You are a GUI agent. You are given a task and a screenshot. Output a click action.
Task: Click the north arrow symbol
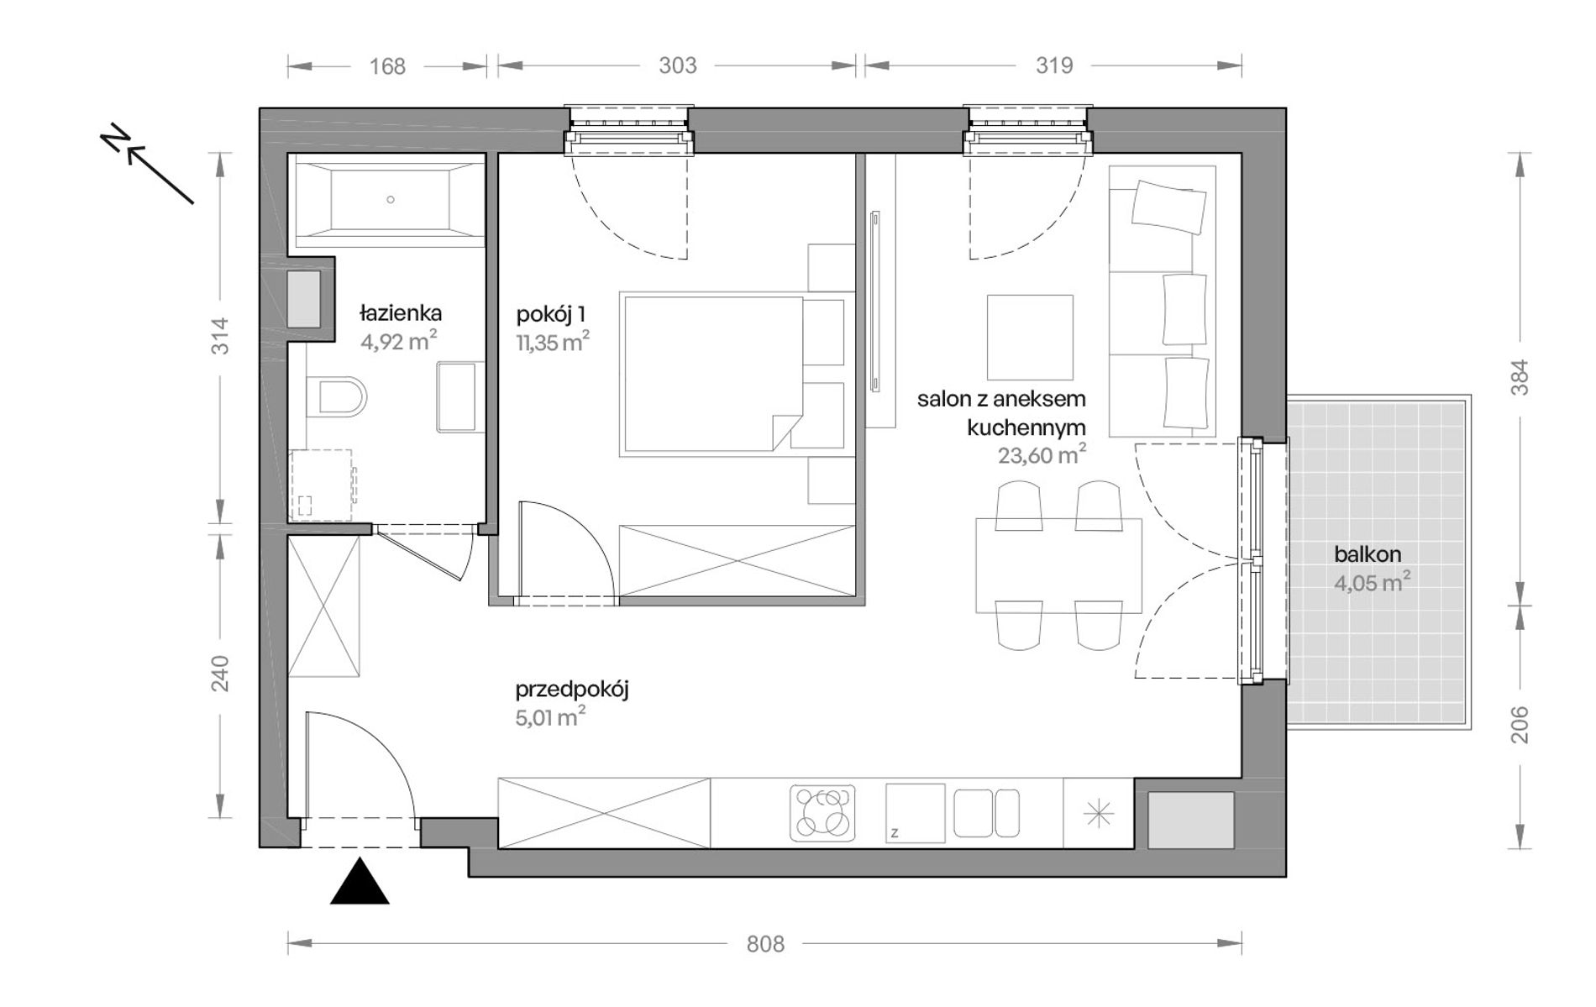[148, 165]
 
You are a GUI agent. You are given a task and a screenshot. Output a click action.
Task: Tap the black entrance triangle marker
[360, 881]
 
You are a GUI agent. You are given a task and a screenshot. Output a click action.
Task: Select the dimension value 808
[765, 944]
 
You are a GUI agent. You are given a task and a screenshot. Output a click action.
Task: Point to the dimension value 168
[387, 66]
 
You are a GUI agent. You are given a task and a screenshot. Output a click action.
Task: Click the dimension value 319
[1054, 66]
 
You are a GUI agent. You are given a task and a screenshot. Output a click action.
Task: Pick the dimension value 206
[1519, 725]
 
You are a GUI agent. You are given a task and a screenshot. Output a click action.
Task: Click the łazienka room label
[401, 314]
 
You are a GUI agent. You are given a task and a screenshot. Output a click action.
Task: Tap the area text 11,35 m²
[553, 342]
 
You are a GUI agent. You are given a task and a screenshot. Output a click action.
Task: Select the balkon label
[1368, 554]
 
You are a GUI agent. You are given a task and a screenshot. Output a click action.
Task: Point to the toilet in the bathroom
[336, 396]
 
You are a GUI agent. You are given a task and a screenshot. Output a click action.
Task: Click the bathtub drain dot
[391, 200]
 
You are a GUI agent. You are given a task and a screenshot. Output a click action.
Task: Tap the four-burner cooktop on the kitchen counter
[823, 812]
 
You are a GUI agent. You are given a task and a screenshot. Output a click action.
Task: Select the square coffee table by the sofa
[1030, 338]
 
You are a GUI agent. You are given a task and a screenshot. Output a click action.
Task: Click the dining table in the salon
[1058, 566]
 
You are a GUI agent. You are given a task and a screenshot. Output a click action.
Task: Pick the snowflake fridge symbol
[1098, 813]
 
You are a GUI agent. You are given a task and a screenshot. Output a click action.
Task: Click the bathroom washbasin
[460, 396]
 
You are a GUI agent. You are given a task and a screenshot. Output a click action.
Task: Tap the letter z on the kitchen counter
[895, 833]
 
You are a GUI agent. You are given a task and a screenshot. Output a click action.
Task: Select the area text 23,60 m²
[1042, 455]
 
